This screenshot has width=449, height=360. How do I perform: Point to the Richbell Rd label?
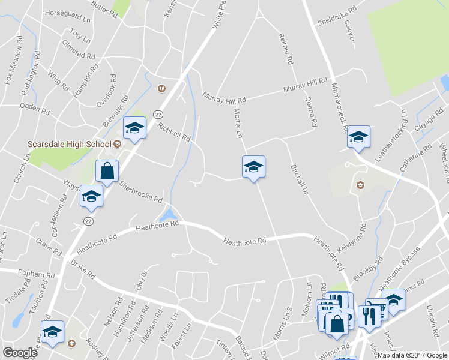pos(174,133)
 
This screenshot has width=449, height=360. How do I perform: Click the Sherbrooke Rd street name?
pos(141,191)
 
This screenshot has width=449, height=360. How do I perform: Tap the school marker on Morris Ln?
pos(253,167)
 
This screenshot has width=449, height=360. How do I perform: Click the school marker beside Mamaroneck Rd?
pos(358,137)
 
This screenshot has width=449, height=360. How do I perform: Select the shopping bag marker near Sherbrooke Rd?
pos(107,171)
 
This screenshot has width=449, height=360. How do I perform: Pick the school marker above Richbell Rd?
pos(134,128)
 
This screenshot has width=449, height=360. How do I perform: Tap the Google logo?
pos(20,353)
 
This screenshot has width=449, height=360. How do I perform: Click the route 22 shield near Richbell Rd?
pos(157,113)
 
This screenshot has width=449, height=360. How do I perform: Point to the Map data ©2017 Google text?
pos(412,355)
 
